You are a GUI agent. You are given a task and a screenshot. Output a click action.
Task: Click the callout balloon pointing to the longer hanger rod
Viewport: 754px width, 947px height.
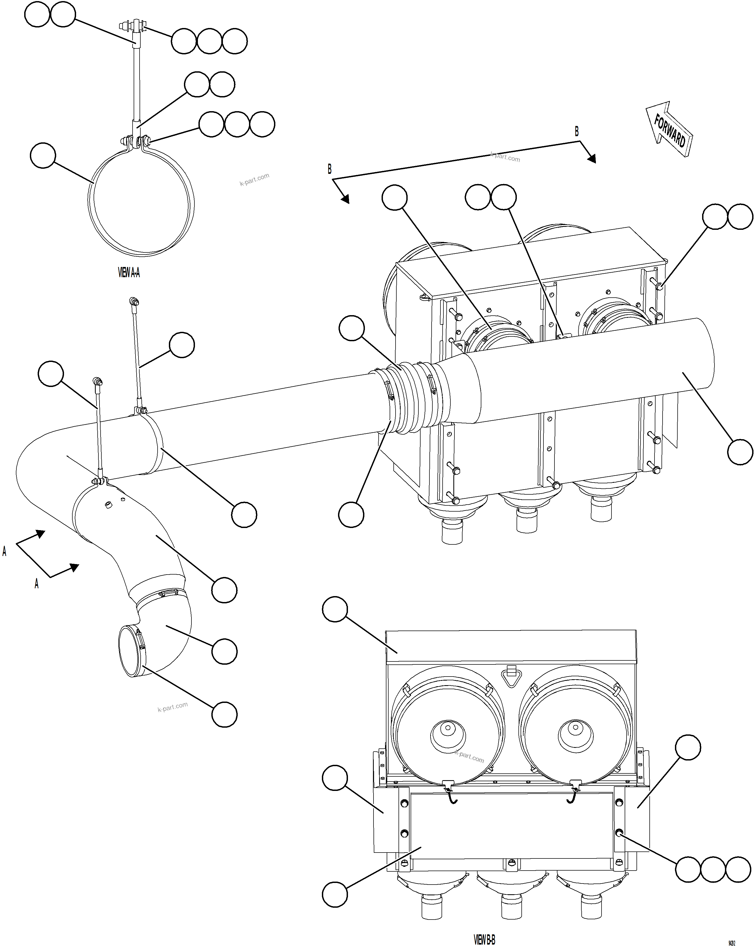point(182,345)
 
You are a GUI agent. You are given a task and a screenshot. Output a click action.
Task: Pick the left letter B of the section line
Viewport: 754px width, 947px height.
point(330,169)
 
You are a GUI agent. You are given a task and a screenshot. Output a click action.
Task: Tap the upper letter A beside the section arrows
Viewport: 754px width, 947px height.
point(4,551)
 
